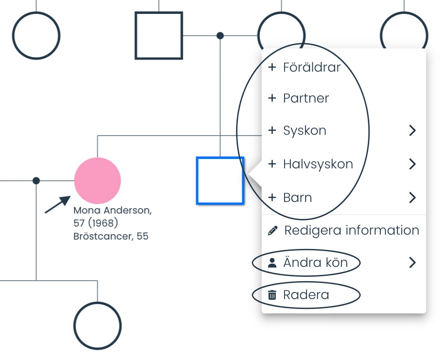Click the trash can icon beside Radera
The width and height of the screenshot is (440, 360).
click(x=272, y=295)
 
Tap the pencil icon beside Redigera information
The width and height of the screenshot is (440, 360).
click(x=273, y=231)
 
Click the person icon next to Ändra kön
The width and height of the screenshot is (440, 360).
click(x=272, y=263)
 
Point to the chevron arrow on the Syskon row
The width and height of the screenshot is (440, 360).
click(x=412, y=130)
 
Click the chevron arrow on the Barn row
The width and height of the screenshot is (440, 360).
click(x=412, y=197)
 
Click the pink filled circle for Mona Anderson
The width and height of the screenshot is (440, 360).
click(x=97, y=180)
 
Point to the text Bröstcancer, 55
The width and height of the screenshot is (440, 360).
click(x=111, y=236)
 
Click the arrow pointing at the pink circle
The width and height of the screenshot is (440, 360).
click(x=57, y=204)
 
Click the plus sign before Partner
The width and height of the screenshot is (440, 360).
click(x=272, y=98)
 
